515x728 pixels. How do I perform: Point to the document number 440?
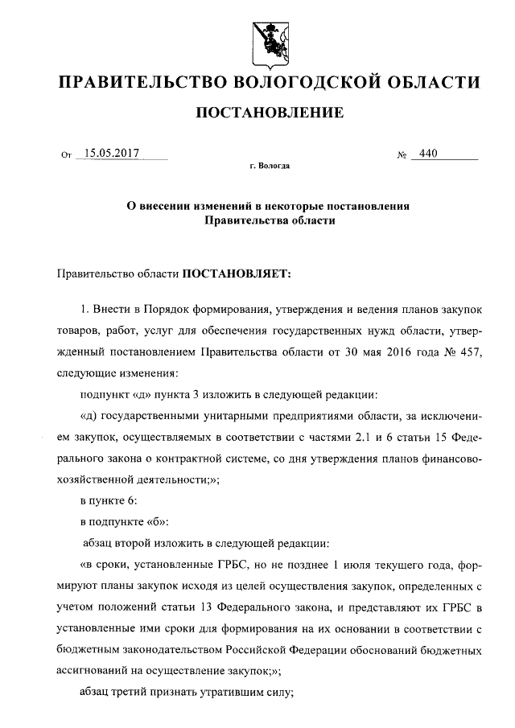(x=428, y=153)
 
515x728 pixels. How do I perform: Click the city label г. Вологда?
(x=270, y=167)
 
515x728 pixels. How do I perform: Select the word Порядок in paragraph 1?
(x=167, y=308)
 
